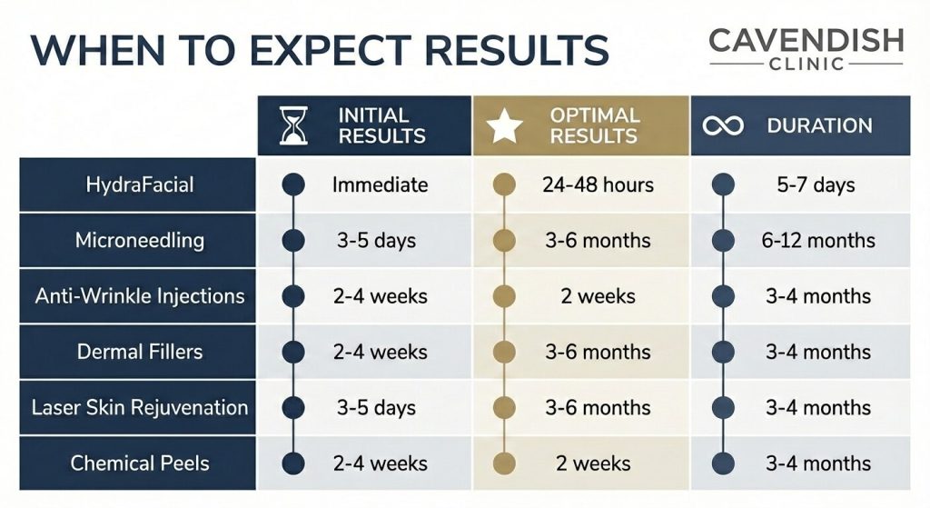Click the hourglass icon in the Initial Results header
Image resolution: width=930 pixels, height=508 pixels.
coord(294,126)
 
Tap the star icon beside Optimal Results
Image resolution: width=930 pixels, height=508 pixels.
coord(506,126)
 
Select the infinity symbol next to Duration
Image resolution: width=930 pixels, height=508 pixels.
coord(723,126)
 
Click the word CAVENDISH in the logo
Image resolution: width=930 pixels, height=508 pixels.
coord(806,40)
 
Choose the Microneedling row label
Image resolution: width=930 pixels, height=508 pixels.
coord(139,241)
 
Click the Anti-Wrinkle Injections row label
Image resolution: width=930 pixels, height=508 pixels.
coord(139,296)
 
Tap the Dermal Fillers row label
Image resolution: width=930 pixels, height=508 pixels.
coord(139,352)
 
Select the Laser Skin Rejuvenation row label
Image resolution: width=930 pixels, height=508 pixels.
coord(139,407)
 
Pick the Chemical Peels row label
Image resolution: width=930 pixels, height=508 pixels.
coord(139,463)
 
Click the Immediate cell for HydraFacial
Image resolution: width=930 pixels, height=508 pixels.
coord(380,184)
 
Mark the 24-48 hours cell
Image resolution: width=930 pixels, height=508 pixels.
coord(598,184)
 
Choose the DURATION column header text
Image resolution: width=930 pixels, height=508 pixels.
coord(819,126)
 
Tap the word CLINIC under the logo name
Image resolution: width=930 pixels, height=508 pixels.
coord(806,65)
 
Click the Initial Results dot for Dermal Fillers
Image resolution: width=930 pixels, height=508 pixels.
coord(293,352)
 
